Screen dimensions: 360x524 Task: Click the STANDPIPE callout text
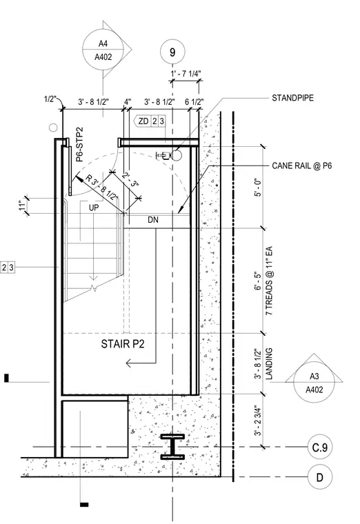click(293, 98)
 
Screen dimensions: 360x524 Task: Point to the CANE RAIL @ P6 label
click(302, 165)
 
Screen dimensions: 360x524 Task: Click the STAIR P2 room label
click(123, 344)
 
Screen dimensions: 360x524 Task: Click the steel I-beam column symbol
click(172, 447)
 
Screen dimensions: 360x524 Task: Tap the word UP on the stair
click(94, 208)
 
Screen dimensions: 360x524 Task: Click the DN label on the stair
click(153, 220)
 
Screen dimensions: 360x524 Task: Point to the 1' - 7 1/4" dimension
click(186, 74)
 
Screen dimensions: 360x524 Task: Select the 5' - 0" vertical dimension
click(258, 188)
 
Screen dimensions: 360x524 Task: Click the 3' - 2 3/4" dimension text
click(258, 421)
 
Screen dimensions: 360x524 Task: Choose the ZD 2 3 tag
click(150, 121)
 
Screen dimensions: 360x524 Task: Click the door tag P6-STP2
click(79, 144)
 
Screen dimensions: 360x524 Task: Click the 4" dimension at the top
click(128, 101)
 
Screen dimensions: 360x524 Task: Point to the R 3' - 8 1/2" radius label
click(102, 188)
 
